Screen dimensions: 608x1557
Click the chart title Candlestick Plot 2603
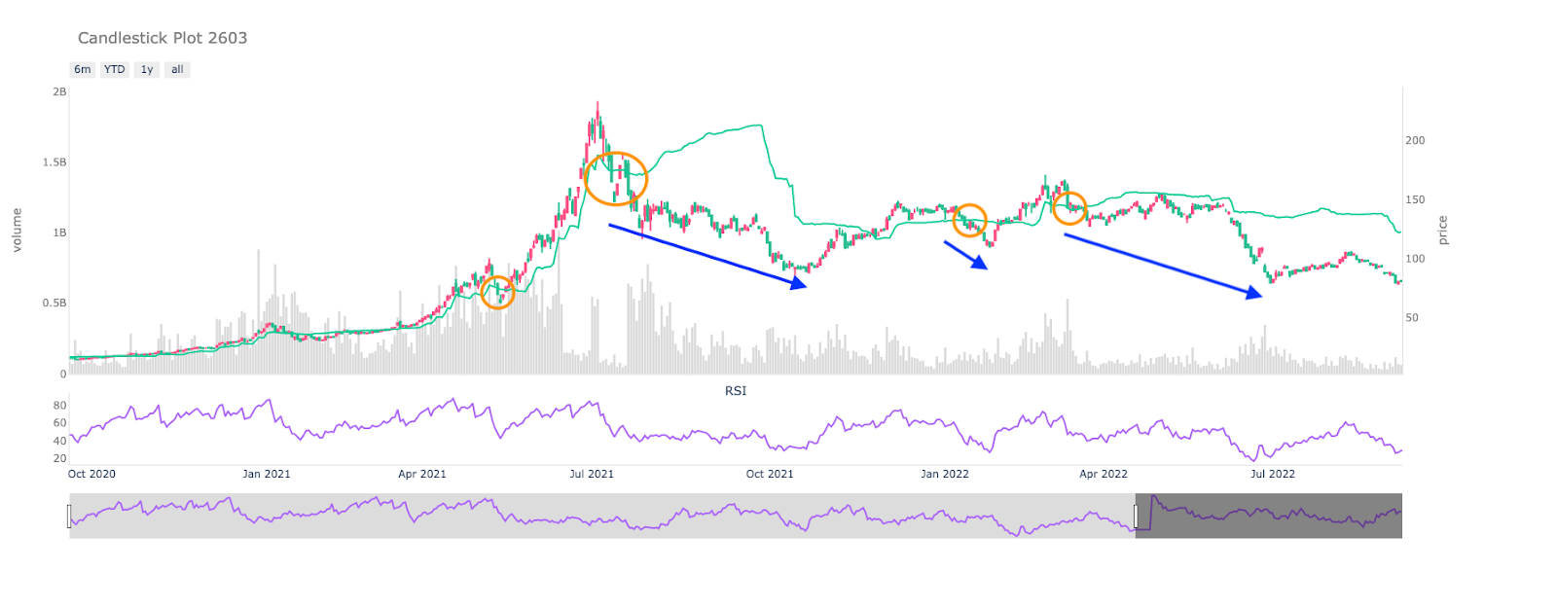(163, 38)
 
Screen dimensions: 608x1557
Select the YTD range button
(115, 69)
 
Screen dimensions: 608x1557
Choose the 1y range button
(147, 69)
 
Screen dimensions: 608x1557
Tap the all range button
(177, 69)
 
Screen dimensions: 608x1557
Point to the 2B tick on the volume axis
(59, 92)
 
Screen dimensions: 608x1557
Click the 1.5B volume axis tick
(54, 162)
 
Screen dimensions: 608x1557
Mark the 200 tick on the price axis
(1415, 140)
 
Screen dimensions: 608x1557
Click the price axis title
(1443, 231)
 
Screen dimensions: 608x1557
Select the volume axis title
(17, 231)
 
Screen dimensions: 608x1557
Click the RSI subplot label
(736, 391)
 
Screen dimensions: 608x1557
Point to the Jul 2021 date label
(592, 474)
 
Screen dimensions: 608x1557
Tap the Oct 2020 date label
(91, 474)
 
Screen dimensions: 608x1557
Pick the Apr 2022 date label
(1104, 474)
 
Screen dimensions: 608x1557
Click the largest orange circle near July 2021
(615, 179)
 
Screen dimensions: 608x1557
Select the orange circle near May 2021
(497, 292)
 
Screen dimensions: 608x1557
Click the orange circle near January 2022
(969, 221)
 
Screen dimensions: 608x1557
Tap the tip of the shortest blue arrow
(988, 269)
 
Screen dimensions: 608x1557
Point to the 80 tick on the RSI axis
(59, 406)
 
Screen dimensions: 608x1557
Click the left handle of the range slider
(69, 516)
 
